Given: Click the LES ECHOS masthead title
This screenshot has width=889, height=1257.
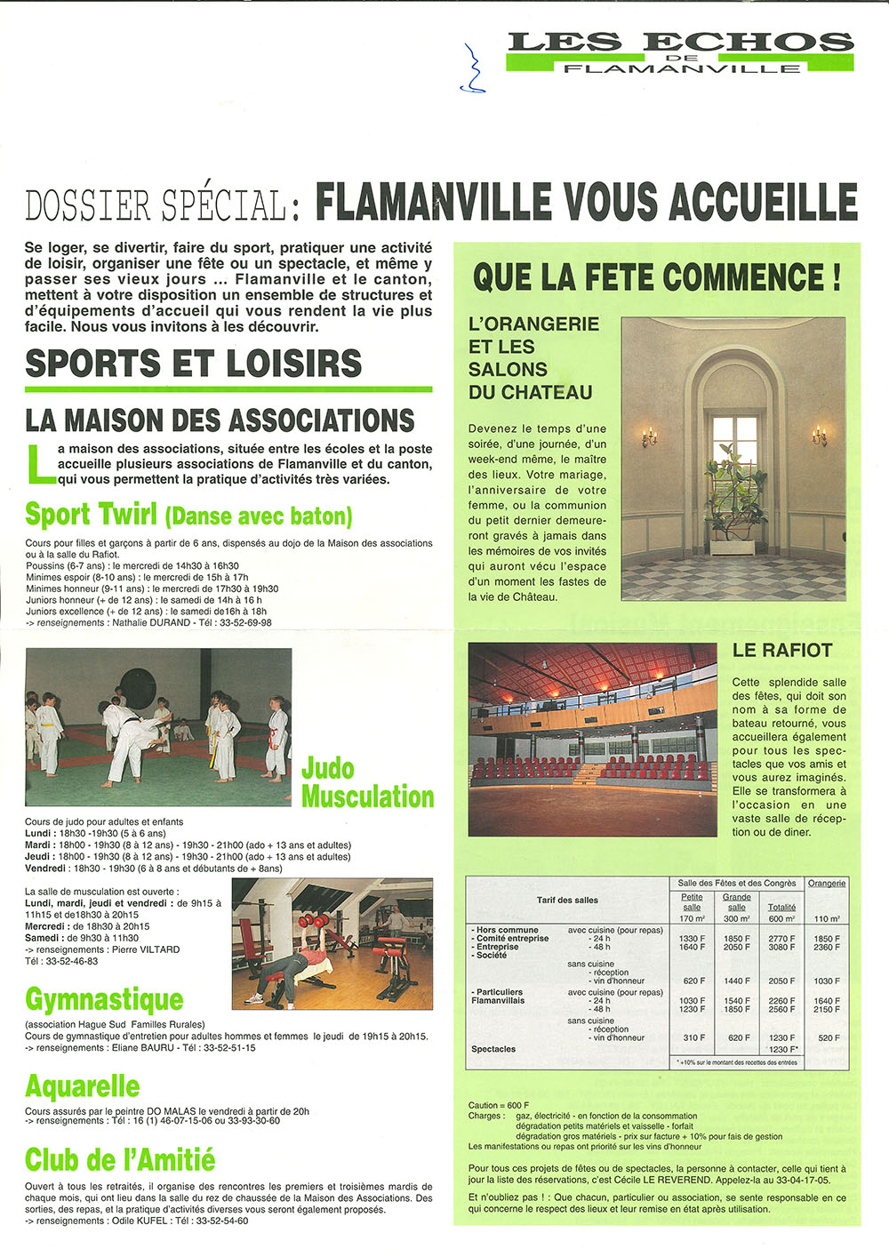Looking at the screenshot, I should click(680, 42).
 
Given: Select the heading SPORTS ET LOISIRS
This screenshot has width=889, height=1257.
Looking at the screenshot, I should click(193, 364).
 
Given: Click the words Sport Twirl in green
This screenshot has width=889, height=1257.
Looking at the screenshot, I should click(92, 515).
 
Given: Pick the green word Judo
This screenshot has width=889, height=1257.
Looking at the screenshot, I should click(328, 769).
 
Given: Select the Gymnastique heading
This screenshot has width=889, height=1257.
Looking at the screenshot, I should click(104, 999).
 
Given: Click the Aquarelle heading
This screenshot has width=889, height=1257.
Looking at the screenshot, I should click(82, 1086).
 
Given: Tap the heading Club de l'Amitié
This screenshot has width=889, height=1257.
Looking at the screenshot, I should click(120, 1160).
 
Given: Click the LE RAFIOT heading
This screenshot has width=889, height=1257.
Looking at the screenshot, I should click(781, 651).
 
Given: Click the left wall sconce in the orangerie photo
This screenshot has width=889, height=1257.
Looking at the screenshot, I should click(649, 436).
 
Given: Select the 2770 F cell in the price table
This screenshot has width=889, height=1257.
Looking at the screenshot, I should click(781, 939).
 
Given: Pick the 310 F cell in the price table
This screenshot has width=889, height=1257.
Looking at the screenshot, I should click(692, 1037).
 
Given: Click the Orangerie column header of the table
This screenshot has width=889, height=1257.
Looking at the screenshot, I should click(827, 883).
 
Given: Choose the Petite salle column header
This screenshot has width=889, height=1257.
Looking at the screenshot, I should click(692, 902).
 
